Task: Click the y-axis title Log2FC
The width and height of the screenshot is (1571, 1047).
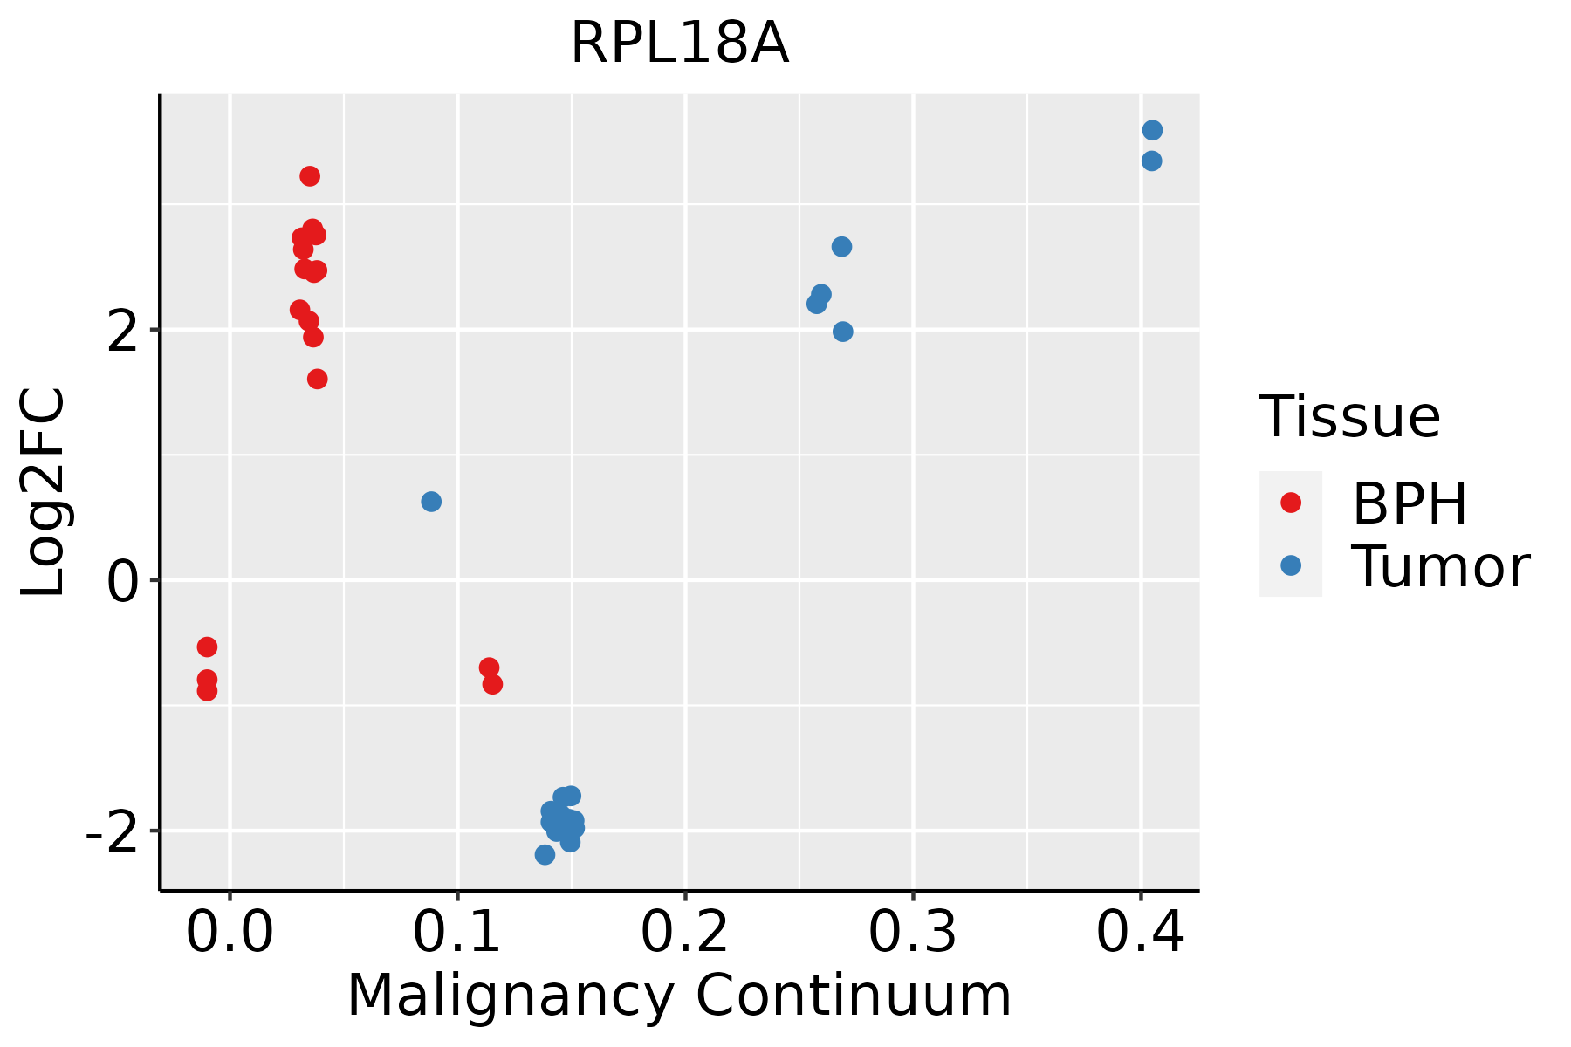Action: (44, 493)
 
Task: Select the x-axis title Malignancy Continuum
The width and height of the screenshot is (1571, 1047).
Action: (679, 996)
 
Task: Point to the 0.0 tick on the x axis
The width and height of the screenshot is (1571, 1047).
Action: (230, 933)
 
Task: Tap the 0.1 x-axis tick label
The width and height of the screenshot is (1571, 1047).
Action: (457, 933)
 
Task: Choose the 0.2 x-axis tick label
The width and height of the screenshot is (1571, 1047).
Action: (685, 933)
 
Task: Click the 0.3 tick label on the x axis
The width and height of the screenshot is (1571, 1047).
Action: (913, 933)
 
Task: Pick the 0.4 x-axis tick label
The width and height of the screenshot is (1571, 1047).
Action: (1140, 933)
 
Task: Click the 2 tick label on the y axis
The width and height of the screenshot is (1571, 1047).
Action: (123, 331)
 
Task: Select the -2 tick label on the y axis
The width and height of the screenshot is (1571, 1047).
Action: (112, 831)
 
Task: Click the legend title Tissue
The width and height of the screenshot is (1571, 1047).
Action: (1350, 417)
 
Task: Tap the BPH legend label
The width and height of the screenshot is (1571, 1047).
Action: (1410, 503)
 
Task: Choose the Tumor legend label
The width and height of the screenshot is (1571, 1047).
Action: (1440, 567)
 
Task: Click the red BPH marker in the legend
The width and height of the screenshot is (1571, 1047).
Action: (1290, 503)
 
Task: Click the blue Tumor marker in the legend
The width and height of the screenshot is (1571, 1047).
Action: (1290, 565)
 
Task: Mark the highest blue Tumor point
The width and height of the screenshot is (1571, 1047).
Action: (1152, 130)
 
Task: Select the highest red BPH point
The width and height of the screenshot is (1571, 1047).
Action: (310, 176)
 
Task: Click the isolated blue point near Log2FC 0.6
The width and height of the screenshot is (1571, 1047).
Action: (431, 502)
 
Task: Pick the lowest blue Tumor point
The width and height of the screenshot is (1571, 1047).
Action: (545, 855)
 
